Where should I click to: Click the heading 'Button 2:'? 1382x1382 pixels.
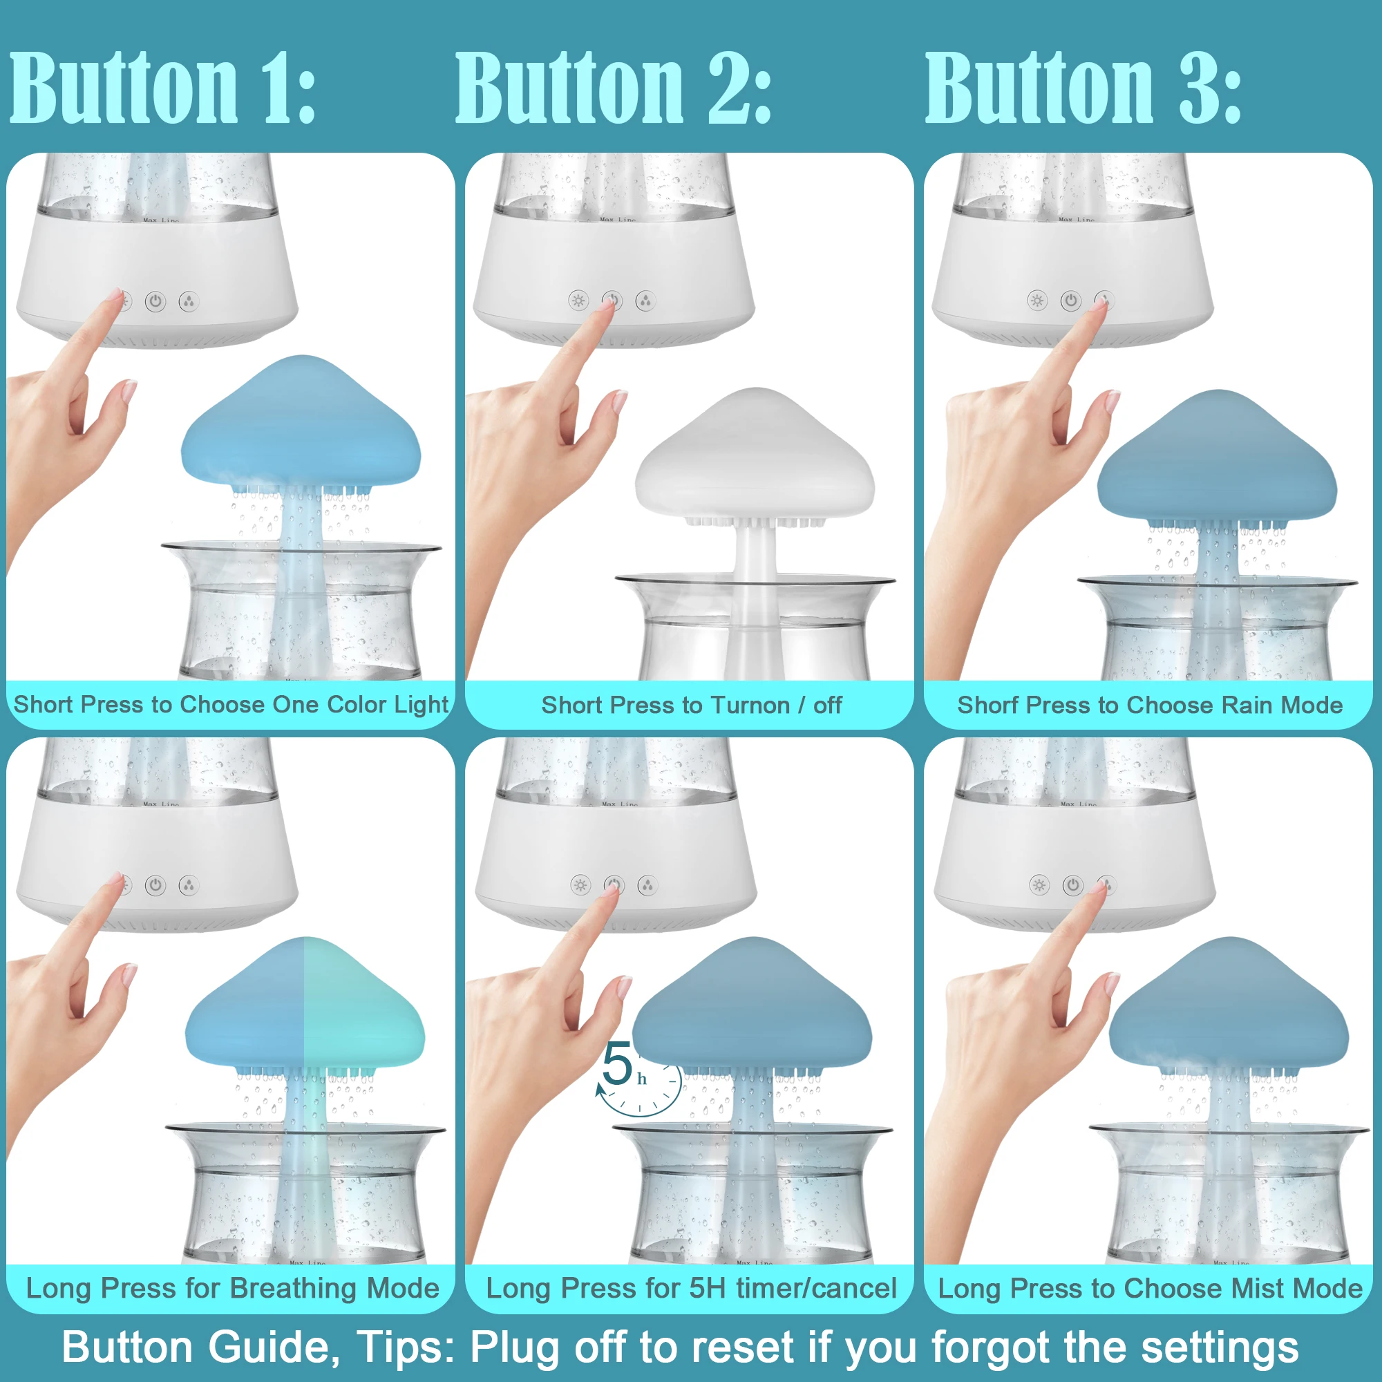(x=614, y=89)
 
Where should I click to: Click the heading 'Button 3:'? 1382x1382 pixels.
(x=1083, y=89)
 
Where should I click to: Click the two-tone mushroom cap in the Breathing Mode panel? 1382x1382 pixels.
(x=305, y=1009)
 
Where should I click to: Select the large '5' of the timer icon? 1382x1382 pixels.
(x=616, y=1063)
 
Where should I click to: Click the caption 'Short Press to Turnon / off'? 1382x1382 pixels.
(x=691, y=706)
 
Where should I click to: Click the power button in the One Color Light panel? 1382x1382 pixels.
(x=155, y=301)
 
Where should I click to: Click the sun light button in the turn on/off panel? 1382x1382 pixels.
(x=578, y=301)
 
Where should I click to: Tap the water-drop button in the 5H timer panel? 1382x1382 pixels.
(x=647, y=886)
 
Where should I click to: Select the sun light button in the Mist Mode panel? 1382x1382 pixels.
(x=1039, y=886)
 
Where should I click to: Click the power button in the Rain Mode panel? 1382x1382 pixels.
(x=1071, y=301)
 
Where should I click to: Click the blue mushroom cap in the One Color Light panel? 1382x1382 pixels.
(x=301, y=426)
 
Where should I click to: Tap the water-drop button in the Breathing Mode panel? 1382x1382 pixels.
(x=188, y=886)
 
